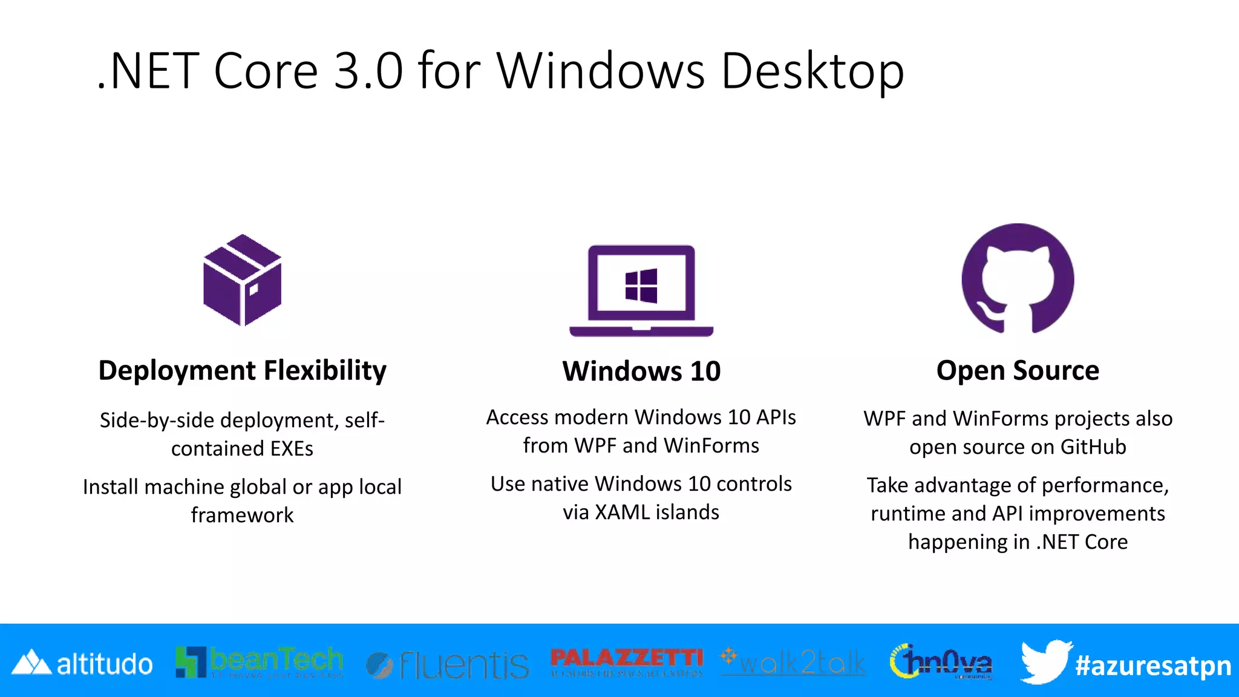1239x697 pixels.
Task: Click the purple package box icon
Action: [x=243, y=280]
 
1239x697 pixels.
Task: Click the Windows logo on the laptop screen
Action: [x=641, y=286]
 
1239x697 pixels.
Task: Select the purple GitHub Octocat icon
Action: [x=1018, y=278]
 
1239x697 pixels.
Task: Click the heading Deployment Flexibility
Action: [x=242, y=370]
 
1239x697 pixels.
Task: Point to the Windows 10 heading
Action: [x=641, y=371]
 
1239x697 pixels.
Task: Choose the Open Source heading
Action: [x=1018, y=370]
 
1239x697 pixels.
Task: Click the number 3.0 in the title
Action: [x=368, y=71]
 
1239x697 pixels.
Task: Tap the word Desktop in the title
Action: [x=812, y=71]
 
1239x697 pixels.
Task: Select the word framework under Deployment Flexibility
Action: [x=242, y=515]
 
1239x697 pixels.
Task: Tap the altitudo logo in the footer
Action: [x=83, y=664]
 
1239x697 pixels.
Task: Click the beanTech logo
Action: [x=260, y=662]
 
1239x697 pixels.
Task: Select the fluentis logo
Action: [x=448, y=664]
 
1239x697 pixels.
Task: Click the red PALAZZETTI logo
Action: [x=627, y=661]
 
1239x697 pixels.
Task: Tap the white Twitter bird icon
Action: [x=1045, y=662]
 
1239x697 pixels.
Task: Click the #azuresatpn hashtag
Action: [x=1153, y=666]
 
